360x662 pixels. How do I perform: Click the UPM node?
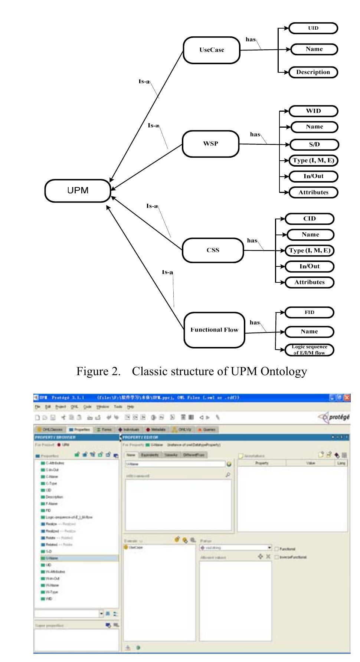[x=78, y=191]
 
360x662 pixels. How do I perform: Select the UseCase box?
[x=212, y=50]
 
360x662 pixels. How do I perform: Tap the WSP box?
[x=210, y=144]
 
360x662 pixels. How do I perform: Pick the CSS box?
[x=213, y=250]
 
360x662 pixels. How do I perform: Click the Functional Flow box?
[x=214, y=330]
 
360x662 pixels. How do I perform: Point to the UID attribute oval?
[x=313, y=28]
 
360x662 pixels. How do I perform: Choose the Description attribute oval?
[x=313, y=72]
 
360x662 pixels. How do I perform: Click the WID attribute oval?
[x=313, y=111]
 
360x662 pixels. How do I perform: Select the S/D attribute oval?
[x=314, y=144]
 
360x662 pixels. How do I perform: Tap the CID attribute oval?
[x=309, y=219]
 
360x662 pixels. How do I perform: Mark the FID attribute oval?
[x=309, y=312]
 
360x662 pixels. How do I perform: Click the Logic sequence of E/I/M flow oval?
[x=309, y=350]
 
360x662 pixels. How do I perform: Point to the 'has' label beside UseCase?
[x=251, y=39]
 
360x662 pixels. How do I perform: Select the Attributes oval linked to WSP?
[x=313, y=192]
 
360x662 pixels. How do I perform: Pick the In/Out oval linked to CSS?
[x=309, y=266]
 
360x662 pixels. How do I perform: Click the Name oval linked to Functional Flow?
[x=309, y=331]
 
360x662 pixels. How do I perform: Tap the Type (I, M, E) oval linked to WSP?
[x=313, y=160]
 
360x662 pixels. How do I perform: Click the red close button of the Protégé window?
[x=347, y=397]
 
